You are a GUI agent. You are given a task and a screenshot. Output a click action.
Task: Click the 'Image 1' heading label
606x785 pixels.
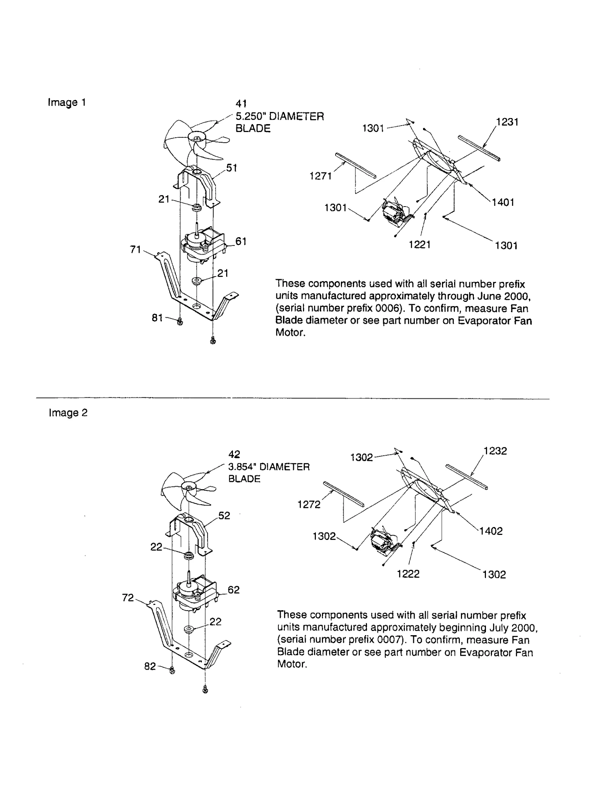[x=67, y=102]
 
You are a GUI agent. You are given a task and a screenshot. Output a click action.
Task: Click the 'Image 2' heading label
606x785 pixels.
[x=68, y=412]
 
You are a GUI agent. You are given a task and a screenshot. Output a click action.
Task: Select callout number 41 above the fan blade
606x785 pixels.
[x=241, y=103]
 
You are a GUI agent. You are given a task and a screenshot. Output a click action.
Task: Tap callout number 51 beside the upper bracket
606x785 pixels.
[x=231, y=168]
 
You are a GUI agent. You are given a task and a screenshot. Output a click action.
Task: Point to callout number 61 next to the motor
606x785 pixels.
[x=241, y=241]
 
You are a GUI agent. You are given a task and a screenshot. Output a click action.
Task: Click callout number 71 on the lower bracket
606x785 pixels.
[x=135, y=249]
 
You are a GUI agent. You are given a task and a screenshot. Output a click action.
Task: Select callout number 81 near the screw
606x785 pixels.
[x=157, y=318]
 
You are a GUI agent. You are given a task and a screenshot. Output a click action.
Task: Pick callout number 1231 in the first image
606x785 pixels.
[x=507, y=122]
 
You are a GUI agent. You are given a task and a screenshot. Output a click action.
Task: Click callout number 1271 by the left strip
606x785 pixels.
[x=320, y=176]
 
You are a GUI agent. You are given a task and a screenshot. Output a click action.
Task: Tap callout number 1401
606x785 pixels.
[x=503, y=202]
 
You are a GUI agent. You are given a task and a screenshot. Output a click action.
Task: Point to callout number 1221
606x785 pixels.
[x=420, y=245]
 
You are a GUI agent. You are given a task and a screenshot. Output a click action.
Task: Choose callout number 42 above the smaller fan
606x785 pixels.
[x=234, y=454]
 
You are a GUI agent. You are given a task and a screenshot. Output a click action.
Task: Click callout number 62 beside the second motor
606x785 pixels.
[x=234, y=590]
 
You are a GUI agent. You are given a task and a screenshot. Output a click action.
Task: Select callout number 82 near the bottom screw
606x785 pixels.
[x=150, y=666]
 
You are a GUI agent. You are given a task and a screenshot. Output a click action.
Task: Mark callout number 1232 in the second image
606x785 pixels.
[x=495, y=451]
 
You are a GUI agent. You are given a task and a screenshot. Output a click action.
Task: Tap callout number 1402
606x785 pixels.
[x=491, y=531]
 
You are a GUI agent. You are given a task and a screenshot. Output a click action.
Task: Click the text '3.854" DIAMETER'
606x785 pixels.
[x=269, y=467]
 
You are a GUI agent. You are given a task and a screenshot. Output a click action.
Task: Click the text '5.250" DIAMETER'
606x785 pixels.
[x=280, y=116]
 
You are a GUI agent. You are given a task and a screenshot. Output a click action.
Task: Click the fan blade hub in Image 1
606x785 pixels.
[x=197, y=139]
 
